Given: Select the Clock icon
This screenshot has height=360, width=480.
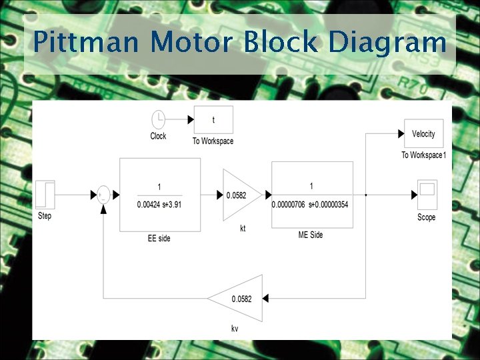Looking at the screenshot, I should pyautogui.click(x=158, y=120).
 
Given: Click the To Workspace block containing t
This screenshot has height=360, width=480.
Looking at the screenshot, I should pyautogui.click(x=213, y=120).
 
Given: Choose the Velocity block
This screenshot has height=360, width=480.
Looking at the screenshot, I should pyautogui.click(x=423, y=134).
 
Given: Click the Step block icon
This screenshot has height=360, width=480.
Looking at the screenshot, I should pyautogui.click(x=45, y=195).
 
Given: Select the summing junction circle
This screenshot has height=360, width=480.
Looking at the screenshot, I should pyautogui.click(x=103, y=195).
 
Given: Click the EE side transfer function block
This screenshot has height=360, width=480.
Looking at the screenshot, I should pyautogui.click(x=159, y=195).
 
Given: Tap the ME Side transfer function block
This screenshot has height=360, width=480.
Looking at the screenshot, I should pyautogui.click(x=311, y=195).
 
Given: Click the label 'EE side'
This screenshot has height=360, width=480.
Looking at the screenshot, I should pyautogui.click(x=159, y=238).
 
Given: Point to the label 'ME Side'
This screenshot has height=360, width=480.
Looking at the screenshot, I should pyautogui.click(x=311, y=235).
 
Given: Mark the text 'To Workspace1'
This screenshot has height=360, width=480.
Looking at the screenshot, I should pyautogui.click(x=423, y=155).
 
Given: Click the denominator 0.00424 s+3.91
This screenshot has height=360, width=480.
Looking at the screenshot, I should pyautogui.click(x=159, y=205).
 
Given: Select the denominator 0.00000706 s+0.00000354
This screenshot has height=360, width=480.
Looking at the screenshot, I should pyautogui.click(x=311, y=205).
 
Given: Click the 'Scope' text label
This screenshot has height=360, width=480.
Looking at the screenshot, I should pyautogui.click(x=427, y=217).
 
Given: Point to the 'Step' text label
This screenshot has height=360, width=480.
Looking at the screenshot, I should pyautogui.click(x=45, y=216).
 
